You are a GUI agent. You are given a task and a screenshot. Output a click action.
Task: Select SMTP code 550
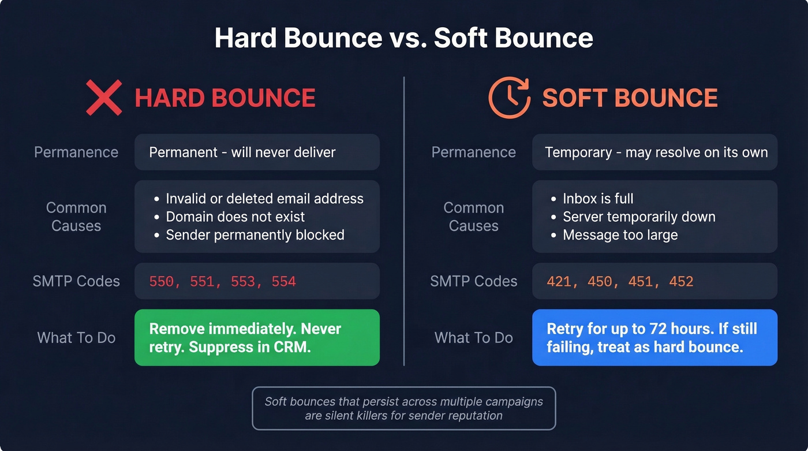(162, 282)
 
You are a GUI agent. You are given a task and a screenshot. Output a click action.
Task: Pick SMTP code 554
(283, 282)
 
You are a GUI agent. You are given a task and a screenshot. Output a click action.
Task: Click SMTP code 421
(559, 282)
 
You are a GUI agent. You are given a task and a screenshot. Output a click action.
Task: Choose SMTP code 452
(681, 282)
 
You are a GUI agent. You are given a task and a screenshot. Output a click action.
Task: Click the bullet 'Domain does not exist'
(235, 217)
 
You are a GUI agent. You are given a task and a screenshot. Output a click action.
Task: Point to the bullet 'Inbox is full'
(598, 199)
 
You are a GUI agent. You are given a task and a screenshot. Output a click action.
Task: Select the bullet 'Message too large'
(620, 235)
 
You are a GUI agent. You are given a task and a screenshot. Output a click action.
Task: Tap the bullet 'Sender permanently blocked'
(255, 235)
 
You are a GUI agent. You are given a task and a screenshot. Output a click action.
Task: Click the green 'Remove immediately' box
(257, 338)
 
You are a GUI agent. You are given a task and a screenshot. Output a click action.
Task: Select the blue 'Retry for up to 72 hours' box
(654, 338)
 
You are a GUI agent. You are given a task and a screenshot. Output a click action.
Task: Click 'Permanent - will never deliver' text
(242, 152)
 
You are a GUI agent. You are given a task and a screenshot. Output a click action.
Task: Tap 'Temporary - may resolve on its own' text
(656, 152)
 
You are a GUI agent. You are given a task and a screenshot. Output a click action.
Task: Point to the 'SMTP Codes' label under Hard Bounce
(76, 282)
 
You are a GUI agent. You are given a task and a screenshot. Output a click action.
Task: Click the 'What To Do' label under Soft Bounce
(473, 338)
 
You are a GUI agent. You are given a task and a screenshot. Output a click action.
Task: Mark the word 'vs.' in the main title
(407, 38)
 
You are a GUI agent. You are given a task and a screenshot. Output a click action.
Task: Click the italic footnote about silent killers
(403, 408)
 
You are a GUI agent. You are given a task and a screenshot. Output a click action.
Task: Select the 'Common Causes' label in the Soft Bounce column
(473, 217)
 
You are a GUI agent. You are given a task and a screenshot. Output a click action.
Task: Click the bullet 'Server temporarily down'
(639, 217)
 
